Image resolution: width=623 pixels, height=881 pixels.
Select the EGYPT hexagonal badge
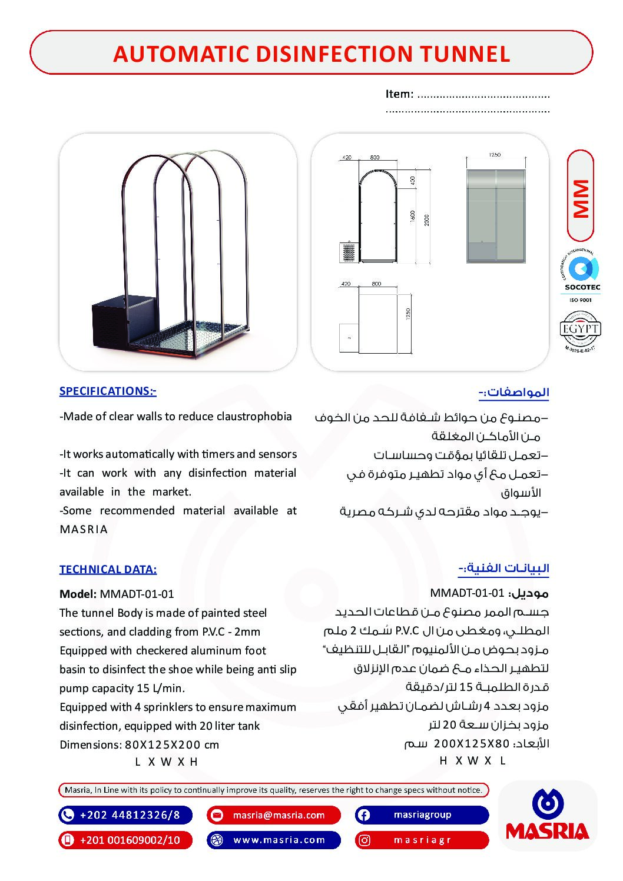click(580, 330)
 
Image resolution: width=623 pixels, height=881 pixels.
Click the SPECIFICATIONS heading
click(108, 391)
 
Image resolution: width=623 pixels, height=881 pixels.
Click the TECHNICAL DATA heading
click(108, 570)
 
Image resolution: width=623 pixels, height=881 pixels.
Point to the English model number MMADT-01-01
click(137, 594)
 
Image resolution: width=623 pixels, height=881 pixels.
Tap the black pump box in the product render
click(122, 324)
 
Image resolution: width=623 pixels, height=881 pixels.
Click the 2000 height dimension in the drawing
click(427, 220)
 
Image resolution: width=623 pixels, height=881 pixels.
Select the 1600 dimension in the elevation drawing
click(413, 217)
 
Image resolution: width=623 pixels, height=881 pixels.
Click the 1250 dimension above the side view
click(495, 155)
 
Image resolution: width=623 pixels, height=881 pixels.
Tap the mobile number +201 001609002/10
click(130, 840)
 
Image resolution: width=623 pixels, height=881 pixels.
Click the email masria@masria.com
click(279, 815)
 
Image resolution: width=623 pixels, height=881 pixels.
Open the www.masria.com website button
click(279, 840)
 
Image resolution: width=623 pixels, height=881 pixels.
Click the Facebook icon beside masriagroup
click(364, 815)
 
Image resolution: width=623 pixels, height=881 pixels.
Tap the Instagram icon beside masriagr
click(364, 840)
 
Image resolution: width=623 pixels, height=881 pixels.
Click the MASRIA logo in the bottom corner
click(548, 816)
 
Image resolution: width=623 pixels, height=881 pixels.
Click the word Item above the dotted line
click(399, 94)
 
